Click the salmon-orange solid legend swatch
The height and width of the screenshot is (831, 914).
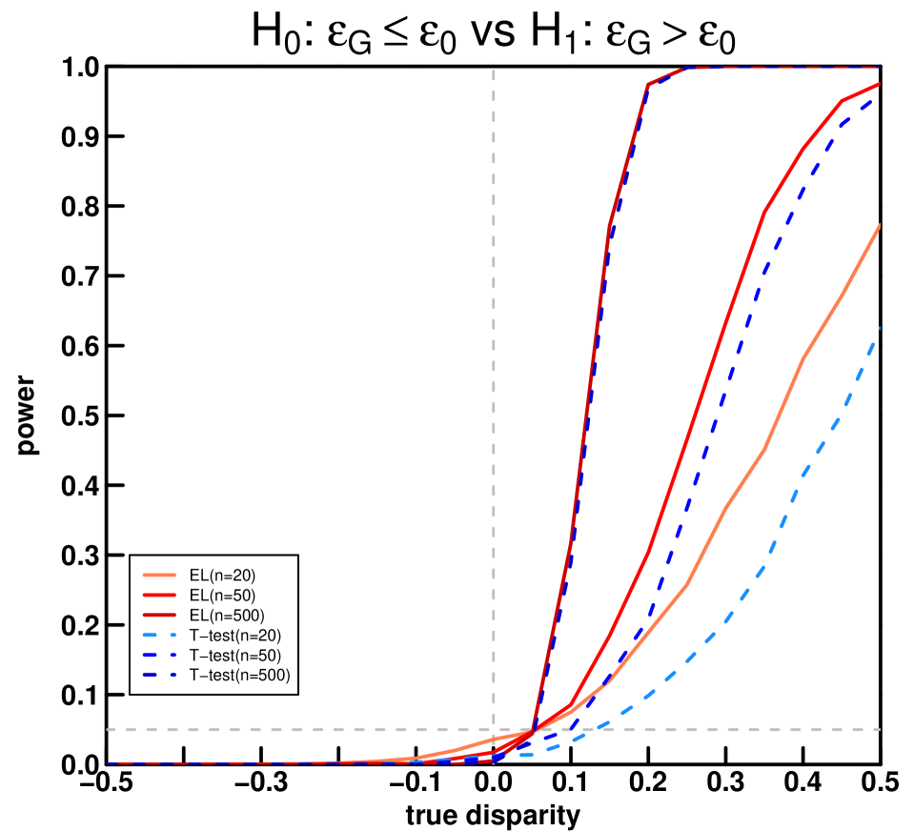pos(159,576)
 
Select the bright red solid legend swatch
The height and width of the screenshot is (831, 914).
pos(159,595)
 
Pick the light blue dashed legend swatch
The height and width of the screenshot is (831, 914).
pos(159,635)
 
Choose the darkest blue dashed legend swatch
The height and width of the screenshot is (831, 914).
pos(159,675)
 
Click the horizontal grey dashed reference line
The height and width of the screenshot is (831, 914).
pos(286,729)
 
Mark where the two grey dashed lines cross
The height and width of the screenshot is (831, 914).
pos(494,729)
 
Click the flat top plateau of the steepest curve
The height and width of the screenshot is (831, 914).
pos(782,68)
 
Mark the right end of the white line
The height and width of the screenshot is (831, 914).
pos(878,417)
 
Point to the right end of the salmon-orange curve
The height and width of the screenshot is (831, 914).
pos(878,227)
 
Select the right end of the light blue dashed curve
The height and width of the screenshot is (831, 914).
pos(878,329)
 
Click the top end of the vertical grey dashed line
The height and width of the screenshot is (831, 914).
pos(494,71)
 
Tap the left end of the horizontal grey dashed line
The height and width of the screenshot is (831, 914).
pos(109,729)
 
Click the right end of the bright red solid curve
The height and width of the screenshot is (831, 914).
pos(878,85)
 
